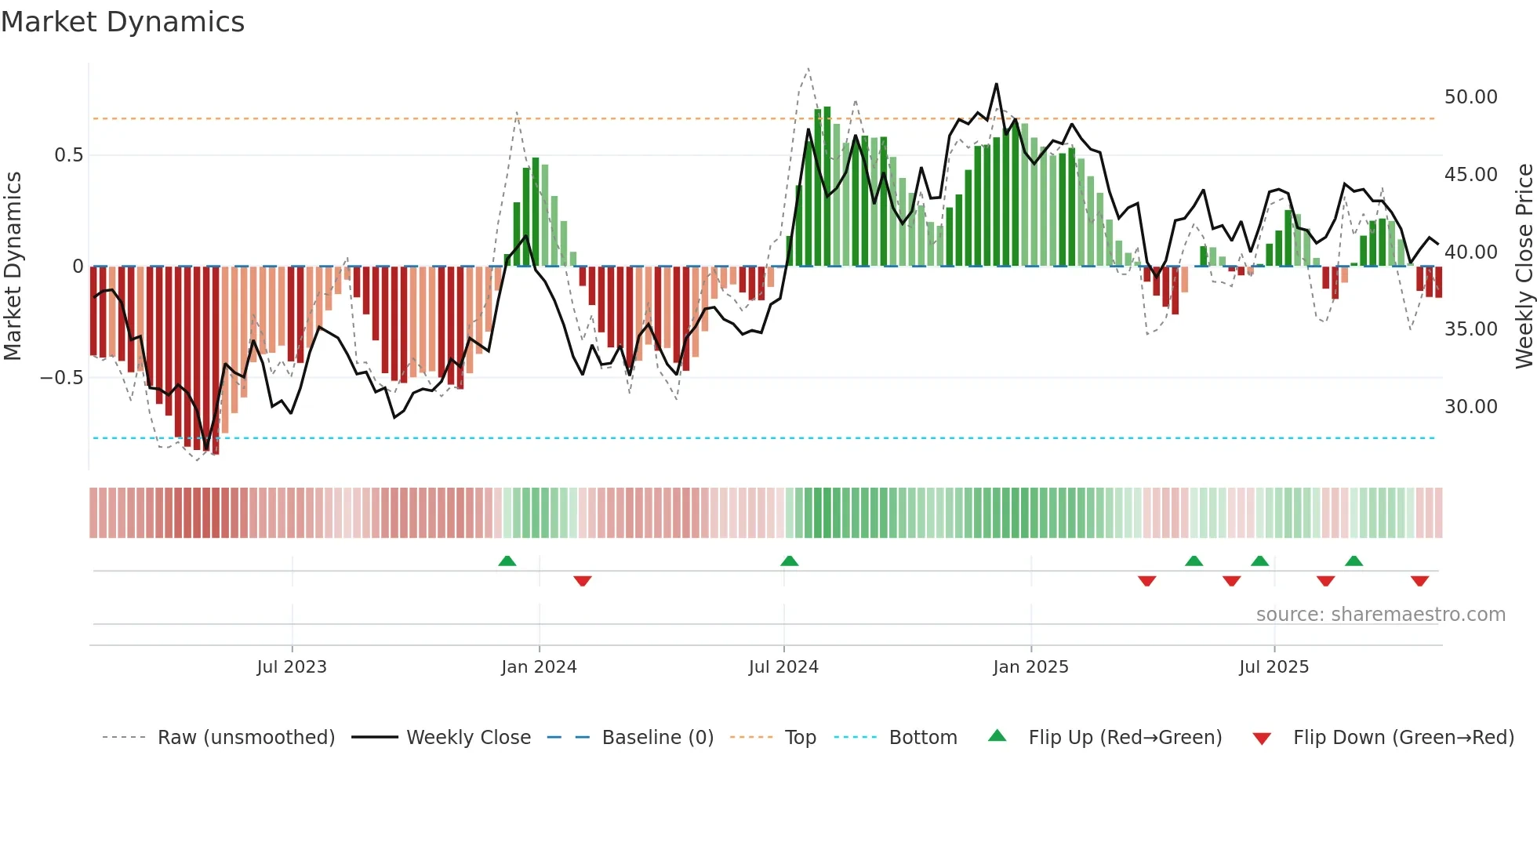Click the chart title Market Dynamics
pyautogui.click(x=123, y=22)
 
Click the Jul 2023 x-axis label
pyautogui.click(x=291, y=666)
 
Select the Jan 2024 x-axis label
pyautogui.click(x=539, y=666)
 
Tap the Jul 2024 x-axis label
pyautogui.click(x=783, y=666)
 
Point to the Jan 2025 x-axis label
pyautogui.click(x=1030, y=666)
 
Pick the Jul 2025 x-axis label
pyautogui.click(x=1274, y=666)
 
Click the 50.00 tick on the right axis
pyautogui.click(x=1470, y=97)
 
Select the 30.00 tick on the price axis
pyautogui.click(x=1470, y=406)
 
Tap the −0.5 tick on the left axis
pyautogui.click(x=61, y=378)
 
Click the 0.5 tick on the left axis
pyautogui.click(x=68, y=155)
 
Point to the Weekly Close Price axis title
pyautogui.click(x=1524, y=267)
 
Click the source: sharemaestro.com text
pyautogui.click(x=1380, y=614)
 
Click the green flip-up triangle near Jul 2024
pyautogui.click(x=790, y=561)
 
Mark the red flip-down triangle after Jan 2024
pyautogui.click(x=582, y=581)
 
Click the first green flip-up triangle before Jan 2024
pyautogui.click(x=507, y=561)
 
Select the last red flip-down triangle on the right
pyautogui.click(x=1419, y=581)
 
